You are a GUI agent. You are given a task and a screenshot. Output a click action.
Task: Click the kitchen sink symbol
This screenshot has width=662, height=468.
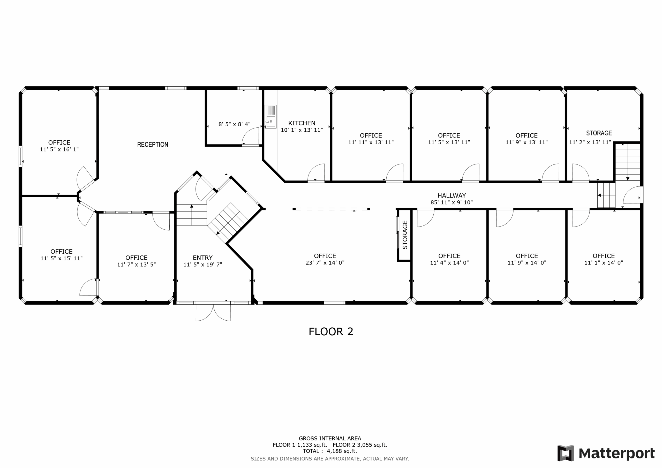pos(270,117)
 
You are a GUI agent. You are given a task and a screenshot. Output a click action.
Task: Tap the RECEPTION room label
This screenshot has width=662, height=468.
pos(153,145)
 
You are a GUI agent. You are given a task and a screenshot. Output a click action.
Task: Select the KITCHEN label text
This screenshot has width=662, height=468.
pos(302,123)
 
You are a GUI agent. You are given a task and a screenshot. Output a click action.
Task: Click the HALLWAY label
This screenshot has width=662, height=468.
pos(452,195)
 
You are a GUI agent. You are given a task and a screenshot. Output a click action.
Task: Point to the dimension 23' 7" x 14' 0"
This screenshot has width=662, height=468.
pos(325,263)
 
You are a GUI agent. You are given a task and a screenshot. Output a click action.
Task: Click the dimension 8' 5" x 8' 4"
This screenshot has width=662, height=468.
pos(234,124)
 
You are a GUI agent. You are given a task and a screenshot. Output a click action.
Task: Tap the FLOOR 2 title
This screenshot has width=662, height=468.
pos(331,332)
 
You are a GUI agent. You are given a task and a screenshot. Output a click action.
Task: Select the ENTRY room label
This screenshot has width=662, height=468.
pos(203,258)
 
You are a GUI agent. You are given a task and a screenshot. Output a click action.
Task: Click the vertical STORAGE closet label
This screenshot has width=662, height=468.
pos(405,235)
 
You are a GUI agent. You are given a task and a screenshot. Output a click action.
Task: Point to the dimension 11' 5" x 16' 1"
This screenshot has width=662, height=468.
pos(59,149)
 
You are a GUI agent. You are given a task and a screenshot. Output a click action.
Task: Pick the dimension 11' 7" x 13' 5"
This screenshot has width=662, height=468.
pos(136,265)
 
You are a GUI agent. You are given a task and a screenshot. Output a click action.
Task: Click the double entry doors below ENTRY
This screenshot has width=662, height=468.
pos(213,312)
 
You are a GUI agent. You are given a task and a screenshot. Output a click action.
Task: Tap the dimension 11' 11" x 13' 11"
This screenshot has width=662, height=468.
pos(371,142)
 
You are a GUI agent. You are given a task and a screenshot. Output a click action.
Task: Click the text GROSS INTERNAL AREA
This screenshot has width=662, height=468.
pos(330,439)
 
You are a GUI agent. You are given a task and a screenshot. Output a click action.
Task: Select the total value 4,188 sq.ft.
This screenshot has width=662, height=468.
pos(342,451)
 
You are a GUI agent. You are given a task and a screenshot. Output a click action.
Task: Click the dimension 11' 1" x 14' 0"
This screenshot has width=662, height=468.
pos(604,263)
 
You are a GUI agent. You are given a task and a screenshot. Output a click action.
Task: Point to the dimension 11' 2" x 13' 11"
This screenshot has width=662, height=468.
pos(590,142)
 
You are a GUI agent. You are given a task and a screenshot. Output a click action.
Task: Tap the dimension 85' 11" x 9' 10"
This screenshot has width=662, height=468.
pos(452,202)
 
